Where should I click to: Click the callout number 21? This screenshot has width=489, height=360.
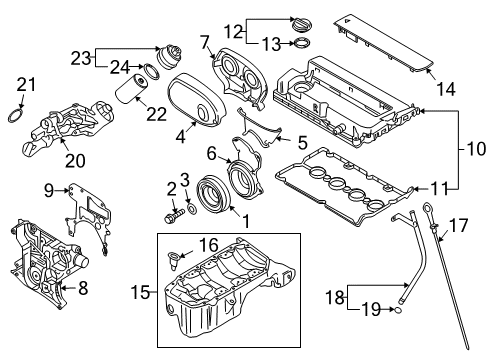click(x=26, y=84)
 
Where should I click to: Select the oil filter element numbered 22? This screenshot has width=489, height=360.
click(x=131, y=88)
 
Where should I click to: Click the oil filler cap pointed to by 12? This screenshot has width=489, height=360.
click(x=302, y=24)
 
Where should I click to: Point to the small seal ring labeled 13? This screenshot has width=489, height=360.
click(x=301, y=43)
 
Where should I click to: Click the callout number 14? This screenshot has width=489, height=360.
click(x=446, y=89)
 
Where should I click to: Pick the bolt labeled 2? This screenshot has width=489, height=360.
click(x=174, y=215)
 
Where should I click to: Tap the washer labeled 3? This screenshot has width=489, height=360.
click(x=192, y=209)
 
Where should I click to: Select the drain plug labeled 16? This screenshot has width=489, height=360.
click(x=174, y=259)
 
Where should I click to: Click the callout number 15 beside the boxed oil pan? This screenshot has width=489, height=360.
click(x=141, y=292)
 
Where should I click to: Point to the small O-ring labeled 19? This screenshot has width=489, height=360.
click(x=398, y=311)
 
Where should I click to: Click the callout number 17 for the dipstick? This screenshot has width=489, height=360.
click(x=459, y=226)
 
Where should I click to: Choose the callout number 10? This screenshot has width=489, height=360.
click(x=476, y=148)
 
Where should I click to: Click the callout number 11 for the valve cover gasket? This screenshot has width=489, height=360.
click(x=439, y=189)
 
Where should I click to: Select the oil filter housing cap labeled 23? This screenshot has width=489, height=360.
click(x=169, y=56)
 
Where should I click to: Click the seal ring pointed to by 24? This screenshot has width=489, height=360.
click(x=152, y=72)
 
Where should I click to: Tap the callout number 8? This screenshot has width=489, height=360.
click(x=83, y=288)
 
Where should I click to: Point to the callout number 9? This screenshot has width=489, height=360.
click(x=49, y=191)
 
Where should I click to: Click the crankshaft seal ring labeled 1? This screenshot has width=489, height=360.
click(x=213, y=195)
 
